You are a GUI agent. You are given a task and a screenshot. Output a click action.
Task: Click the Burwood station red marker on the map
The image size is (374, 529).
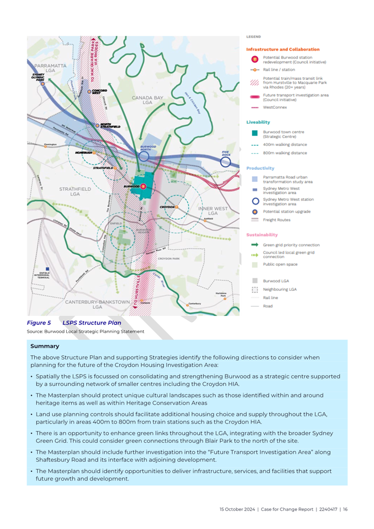[143, 186]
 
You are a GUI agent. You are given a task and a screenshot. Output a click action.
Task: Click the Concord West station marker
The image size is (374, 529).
[89, 91]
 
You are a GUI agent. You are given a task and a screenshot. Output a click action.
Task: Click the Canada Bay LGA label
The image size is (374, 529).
[148, 100]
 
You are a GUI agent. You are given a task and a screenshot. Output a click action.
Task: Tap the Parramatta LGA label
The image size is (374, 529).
[50, 68]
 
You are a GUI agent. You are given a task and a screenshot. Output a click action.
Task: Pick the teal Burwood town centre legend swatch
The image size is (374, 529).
[255, 134]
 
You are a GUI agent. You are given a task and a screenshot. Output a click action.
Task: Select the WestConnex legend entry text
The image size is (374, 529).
[275, 107]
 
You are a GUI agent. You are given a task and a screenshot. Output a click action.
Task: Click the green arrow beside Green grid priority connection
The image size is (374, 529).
[255, 245]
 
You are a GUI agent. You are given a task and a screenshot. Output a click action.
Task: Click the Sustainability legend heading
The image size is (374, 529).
[262, 234]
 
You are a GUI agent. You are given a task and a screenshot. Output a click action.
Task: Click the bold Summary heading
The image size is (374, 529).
[44, 345]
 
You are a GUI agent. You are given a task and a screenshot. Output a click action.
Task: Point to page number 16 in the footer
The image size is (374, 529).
[345, 509]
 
